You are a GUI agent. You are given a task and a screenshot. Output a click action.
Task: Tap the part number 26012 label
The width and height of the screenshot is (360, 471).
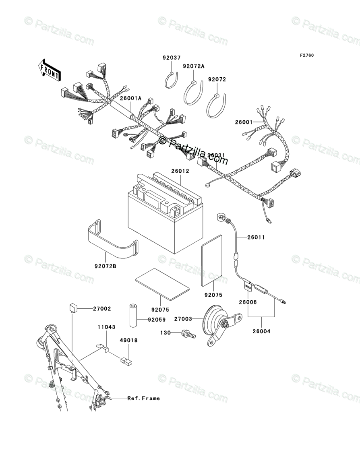click(x=180, y=171)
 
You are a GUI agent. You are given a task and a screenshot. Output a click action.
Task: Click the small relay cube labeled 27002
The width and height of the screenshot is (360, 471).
click(x=72, y=308)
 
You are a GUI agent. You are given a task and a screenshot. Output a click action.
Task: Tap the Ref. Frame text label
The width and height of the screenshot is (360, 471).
click(x=143, y=399)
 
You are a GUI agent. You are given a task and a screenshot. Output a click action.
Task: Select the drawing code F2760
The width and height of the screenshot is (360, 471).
click(x=306, y=55)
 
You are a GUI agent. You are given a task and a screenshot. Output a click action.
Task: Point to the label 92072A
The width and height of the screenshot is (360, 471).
click(x=193, y=66)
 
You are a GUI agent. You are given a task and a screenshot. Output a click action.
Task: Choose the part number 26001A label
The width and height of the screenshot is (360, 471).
click(x=130, y=98)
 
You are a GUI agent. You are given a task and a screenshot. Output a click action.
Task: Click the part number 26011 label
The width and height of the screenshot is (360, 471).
click(x=256, y=238)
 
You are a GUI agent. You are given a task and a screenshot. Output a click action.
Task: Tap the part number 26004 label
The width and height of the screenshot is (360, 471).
click(x=262, y=332)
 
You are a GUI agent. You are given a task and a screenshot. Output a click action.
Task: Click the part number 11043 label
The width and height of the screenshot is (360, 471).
click(x=103, y=327)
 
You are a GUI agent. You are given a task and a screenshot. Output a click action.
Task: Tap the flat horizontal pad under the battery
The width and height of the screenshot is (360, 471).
click(x=161, y=284)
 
